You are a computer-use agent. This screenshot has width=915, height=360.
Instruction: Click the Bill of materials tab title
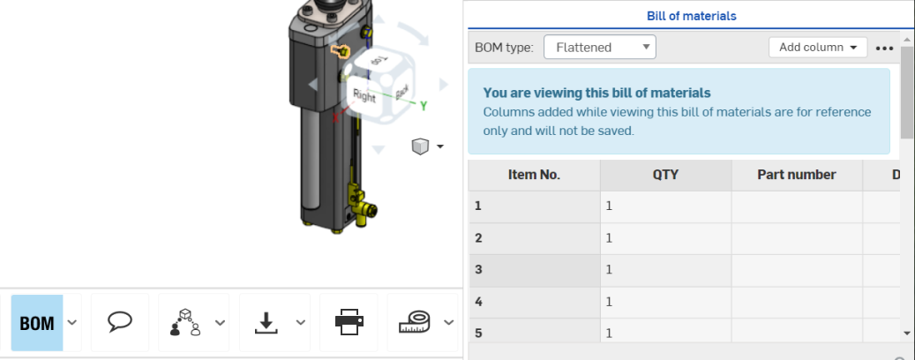[691, 16]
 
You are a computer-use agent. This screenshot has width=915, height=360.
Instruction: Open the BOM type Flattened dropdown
[599, 48]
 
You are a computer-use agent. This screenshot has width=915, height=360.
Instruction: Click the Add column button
[818, 48]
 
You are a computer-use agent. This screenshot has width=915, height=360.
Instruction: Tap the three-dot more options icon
[885, 48]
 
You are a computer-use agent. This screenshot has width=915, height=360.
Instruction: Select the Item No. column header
[534, 175]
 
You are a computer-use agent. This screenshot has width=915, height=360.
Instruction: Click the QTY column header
[665, 175]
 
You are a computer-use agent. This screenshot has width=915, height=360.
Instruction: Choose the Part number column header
[797, 175]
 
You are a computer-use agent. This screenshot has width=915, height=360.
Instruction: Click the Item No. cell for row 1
[534, 206]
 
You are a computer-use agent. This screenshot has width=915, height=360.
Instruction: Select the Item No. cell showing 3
[534, 270]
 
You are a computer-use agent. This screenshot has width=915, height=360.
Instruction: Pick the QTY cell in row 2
[665, 238]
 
